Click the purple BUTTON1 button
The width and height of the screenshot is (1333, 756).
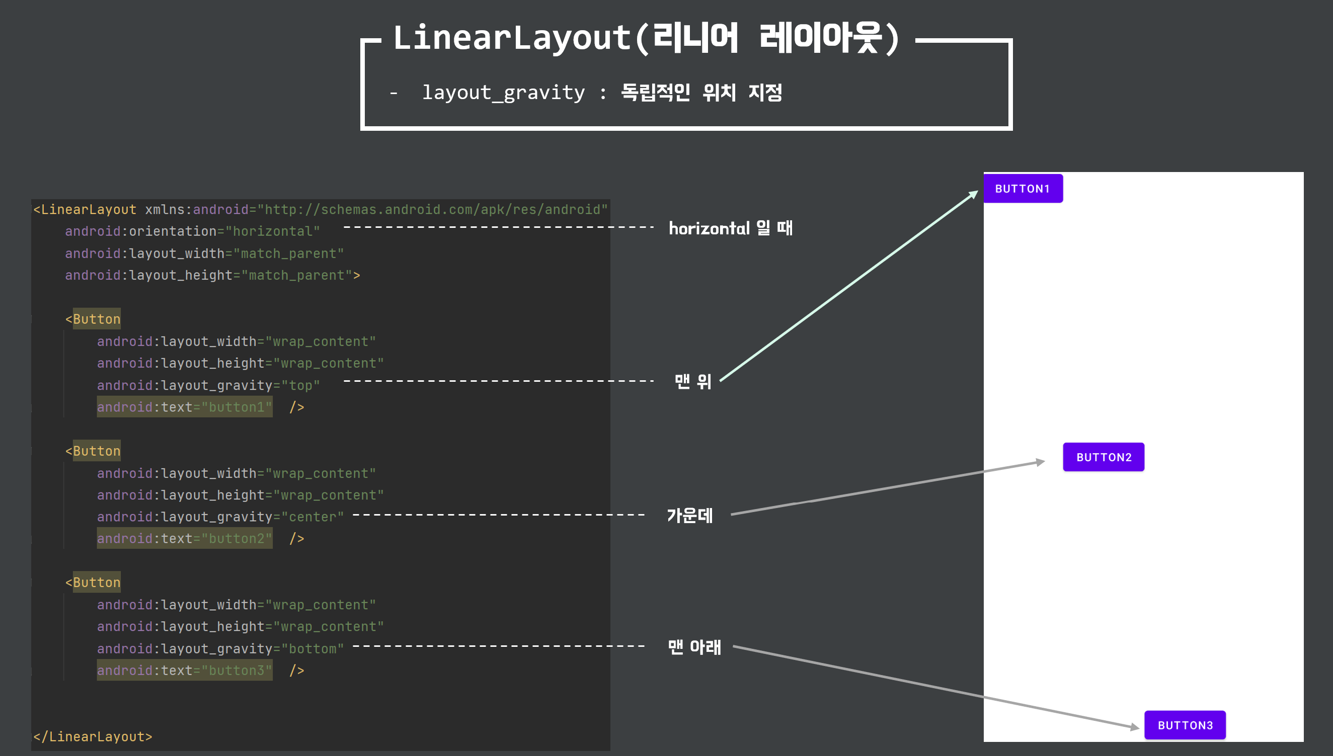click(1023, 189)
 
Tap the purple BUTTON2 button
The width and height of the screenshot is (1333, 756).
click(1103, 457)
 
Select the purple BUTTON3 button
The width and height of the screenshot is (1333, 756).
click(1185, 725)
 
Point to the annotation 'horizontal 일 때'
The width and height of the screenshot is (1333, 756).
click(730, 228)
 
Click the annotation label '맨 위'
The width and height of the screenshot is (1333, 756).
click(692, 382)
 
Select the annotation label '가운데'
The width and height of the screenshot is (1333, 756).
click(689, 516)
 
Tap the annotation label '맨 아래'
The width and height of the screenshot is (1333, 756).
click(694, 647)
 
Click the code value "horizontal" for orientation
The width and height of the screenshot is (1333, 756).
click(273, 231)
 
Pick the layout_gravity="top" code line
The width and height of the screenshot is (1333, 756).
click(208, 385)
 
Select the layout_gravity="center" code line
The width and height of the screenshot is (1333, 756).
click(220, 517)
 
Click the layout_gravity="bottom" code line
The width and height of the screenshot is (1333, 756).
click(220, 648)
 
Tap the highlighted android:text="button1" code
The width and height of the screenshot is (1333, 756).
click(184, 407)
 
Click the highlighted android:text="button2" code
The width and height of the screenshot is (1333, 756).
click(184, 538)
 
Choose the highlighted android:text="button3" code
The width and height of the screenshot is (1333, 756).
click(184, 670)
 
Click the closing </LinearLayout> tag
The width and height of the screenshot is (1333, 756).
click(93, 736)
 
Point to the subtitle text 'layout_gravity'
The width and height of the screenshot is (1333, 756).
click(503, 93)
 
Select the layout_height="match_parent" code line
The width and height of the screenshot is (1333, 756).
click(212, 275)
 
